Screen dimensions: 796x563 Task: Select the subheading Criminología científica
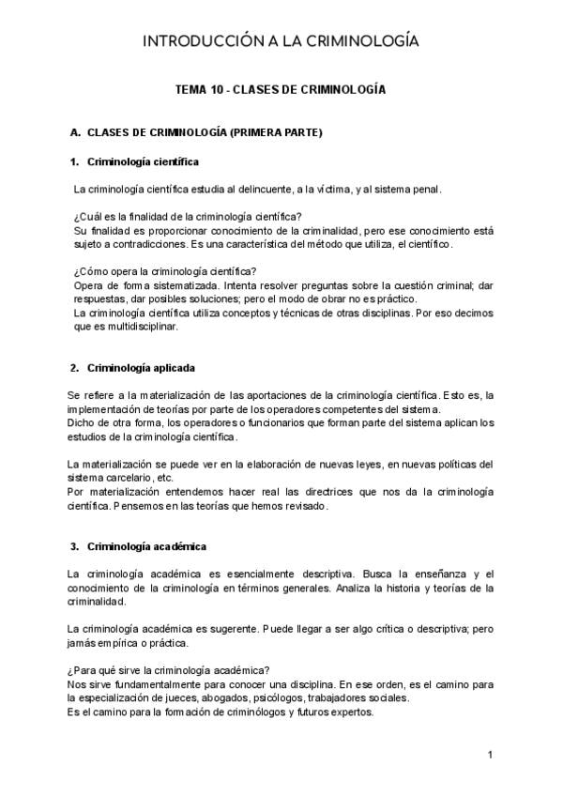(x=143, y=161)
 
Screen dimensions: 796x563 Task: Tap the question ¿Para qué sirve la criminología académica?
(x=169, y=670)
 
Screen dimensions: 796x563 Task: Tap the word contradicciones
(x=158, y=244)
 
